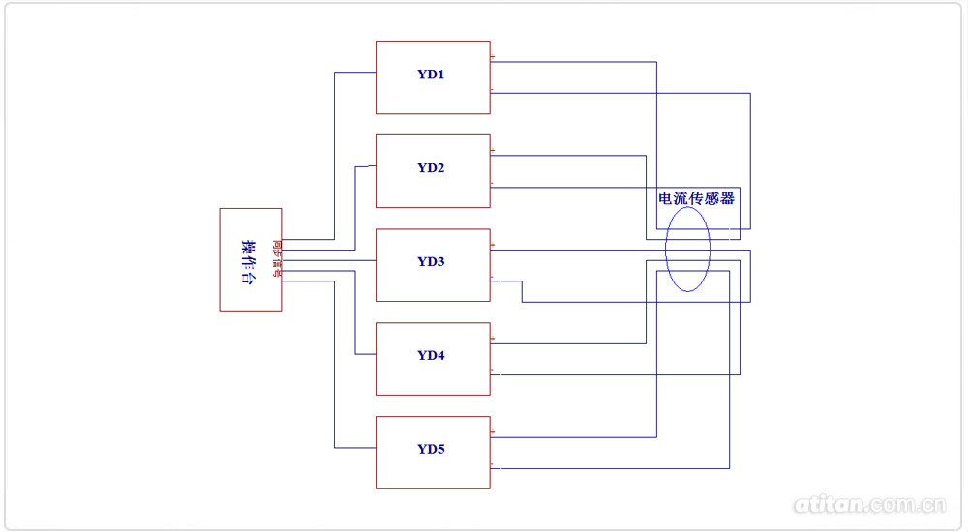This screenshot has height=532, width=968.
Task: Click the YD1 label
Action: pos(432,74)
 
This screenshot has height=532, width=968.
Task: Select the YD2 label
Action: pos(432,168)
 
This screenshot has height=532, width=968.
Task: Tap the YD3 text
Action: pos(432,261)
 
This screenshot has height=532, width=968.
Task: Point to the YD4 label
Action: pos(432,355)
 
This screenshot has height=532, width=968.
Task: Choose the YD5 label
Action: pos(432,449)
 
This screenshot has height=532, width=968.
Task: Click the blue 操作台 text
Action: pos(249,260)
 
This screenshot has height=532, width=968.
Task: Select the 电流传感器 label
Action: pos(697,198)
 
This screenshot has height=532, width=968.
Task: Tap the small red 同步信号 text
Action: pos(277,259)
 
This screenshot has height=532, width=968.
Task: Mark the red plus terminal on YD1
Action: pos(493,59)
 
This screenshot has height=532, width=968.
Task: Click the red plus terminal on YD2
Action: pos(493,152)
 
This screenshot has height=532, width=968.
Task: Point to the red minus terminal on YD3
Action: pos(493,280)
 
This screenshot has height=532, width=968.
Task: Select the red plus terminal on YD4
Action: pos(493,340)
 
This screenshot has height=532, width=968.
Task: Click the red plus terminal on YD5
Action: pos(493,432)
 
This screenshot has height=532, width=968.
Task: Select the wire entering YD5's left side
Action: pos(354,448)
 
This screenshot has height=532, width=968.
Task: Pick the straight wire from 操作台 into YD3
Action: pos(329,260)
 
